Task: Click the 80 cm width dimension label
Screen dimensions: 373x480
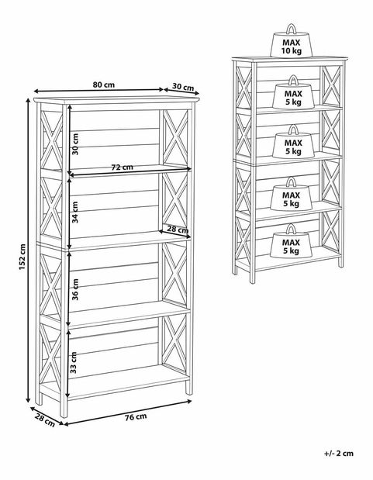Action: [103, 85]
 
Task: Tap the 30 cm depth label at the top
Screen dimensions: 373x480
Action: [183, 87]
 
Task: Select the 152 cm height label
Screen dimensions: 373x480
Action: [22, 257]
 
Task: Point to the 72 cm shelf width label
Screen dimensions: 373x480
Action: [122, 167]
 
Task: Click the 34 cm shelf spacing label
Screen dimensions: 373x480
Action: [74, 212]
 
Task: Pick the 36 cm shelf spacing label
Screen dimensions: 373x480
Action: [74, 289]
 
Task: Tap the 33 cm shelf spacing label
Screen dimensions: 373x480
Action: [74, 362]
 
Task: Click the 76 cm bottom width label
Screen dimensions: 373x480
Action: [136, 417]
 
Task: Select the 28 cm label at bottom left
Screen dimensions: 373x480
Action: [45, 420]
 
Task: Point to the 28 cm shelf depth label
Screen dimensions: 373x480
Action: [178, 229]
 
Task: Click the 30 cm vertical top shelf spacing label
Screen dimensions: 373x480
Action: [74, 144]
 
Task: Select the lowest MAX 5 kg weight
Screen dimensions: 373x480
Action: [291, 241]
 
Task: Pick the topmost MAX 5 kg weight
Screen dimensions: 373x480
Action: [293, 92]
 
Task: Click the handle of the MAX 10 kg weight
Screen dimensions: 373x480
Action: [292, 29]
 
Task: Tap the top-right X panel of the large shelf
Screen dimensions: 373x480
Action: [175, 137]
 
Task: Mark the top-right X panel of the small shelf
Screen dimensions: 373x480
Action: [331, 85]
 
